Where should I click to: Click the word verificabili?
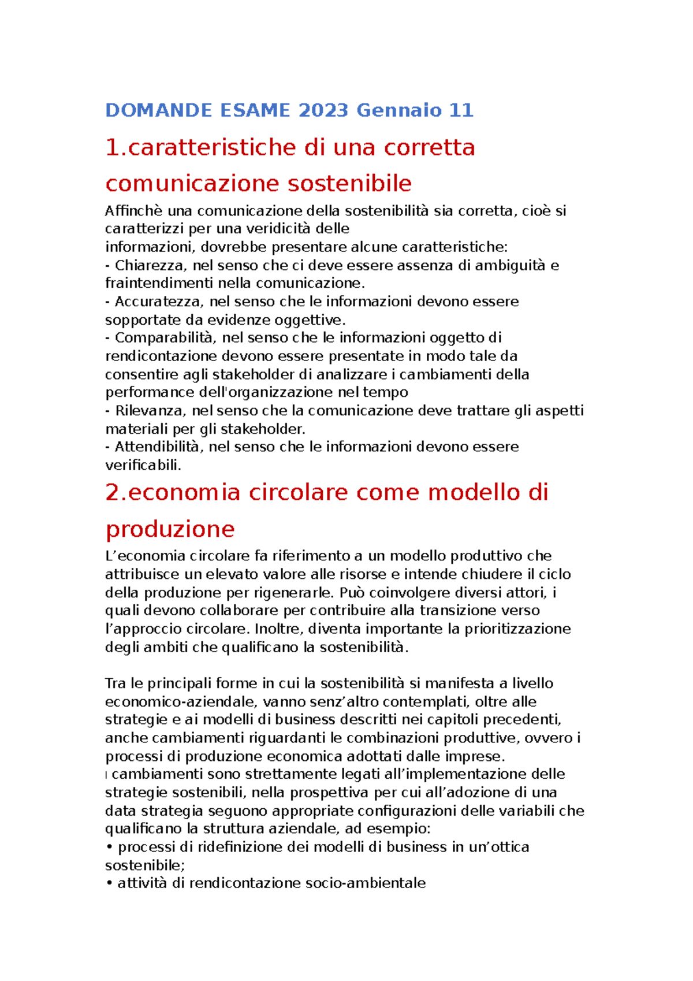pos(143,465)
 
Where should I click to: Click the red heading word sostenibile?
pos(349,184)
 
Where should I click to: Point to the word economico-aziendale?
pos(180,702)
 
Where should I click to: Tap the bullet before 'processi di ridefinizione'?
pos(109,848)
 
